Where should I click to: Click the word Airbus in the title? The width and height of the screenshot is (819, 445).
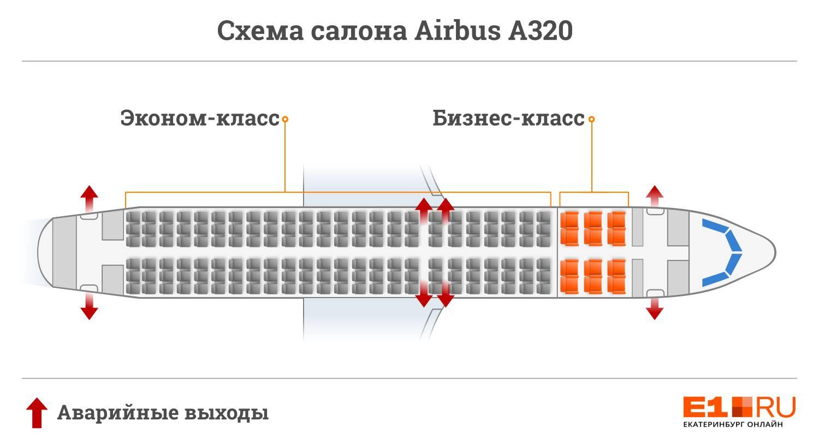(457, 31)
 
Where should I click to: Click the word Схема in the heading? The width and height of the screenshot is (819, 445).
(260, 31)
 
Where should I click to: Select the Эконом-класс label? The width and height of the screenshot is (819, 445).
(200, 118)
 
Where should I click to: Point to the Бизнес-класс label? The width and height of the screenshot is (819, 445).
(508, 118)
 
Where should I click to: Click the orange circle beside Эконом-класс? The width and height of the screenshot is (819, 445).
(285, 119)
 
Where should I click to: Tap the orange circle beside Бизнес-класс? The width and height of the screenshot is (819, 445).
(591, 119)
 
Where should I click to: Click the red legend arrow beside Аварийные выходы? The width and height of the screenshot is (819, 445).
(37, 413)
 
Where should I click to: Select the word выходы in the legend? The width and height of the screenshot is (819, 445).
(227, 413)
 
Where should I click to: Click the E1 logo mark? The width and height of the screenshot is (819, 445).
(705, 407)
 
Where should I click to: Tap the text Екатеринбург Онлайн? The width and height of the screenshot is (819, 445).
(733, 424)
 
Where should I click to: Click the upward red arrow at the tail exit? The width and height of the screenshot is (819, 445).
(89, 199)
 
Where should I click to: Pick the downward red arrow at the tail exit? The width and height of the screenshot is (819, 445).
(89, 306)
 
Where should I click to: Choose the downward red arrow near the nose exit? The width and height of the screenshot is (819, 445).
(655, 308)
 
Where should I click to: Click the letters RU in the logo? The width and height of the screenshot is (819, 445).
(775, 407)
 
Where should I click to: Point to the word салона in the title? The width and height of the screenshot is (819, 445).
(359, 32)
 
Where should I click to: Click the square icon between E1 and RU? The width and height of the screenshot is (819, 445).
(742, 407)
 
